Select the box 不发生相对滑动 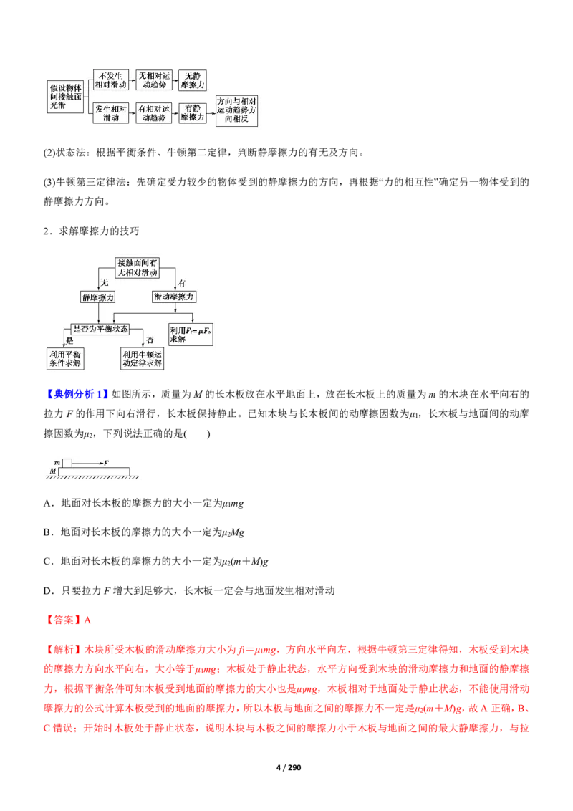click(x=111, y=80)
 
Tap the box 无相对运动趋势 click(x=155, y=80)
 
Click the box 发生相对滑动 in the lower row click(x=111, y=113)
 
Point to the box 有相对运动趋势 click(x=155, y=113)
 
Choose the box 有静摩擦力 click(x=192, y=113)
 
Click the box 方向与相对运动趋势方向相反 click(x=237, y=111)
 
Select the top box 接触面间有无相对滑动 click(x=137, y=267)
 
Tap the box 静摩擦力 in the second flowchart click(x=98, y=296)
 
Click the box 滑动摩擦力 click(x=174, y=296)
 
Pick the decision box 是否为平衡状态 click(x=101, y=328)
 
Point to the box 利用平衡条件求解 click(x=65, y=358)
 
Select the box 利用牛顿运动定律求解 click(x=143, y=358)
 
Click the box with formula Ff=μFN click(x=191, y=335)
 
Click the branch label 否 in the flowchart click(x=150, y=340)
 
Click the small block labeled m click(x=67, y=463)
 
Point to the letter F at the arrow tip click(x=106, y=463)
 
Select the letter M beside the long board click(x=52, y=471)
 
